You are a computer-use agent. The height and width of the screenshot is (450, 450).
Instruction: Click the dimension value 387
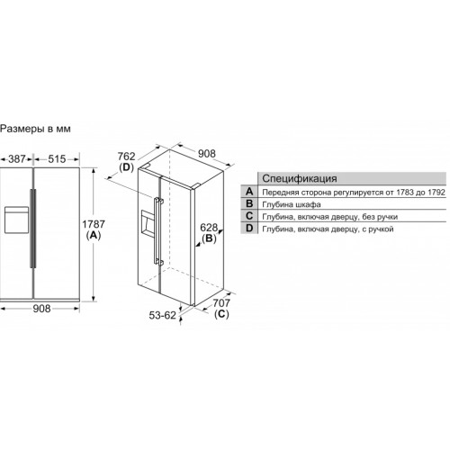17,158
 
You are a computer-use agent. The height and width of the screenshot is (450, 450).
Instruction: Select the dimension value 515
57,158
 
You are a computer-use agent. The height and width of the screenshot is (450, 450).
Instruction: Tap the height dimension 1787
94,224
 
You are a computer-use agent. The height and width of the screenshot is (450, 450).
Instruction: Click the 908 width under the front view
41,309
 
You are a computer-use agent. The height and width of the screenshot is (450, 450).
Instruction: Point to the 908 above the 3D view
207,154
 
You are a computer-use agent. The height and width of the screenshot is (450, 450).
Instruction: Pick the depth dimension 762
126,157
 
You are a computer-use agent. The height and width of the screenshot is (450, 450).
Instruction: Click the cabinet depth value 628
209,228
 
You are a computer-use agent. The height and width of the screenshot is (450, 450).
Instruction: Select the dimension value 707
221,303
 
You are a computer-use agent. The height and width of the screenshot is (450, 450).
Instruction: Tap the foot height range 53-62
163,315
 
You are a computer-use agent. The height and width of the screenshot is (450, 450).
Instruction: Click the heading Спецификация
300,178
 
